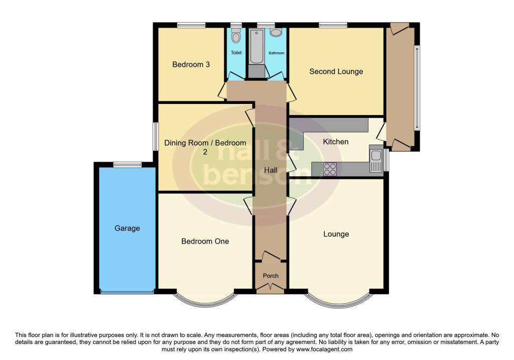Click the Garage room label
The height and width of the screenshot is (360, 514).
coord(127,228)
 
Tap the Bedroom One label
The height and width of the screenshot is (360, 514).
coord(205,241)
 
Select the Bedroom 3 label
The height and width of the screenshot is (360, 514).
coord(191,64)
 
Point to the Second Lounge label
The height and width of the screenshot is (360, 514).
coord(336,71)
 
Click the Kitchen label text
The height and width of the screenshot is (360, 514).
coord(335,142)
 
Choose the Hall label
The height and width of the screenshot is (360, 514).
coord(271,170)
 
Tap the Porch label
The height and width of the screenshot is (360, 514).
coord(271,276)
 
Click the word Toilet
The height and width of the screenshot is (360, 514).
coord(236,53)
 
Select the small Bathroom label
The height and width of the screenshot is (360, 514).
coord(276,53)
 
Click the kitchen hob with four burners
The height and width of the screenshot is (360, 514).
coord(330,170)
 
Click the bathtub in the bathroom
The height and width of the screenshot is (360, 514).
coord(256,48)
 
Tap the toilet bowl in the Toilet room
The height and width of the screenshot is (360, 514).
coord(236,36)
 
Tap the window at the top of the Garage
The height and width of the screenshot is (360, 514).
coord(127,164)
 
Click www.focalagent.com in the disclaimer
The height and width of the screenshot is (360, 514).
coord(324,349)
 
